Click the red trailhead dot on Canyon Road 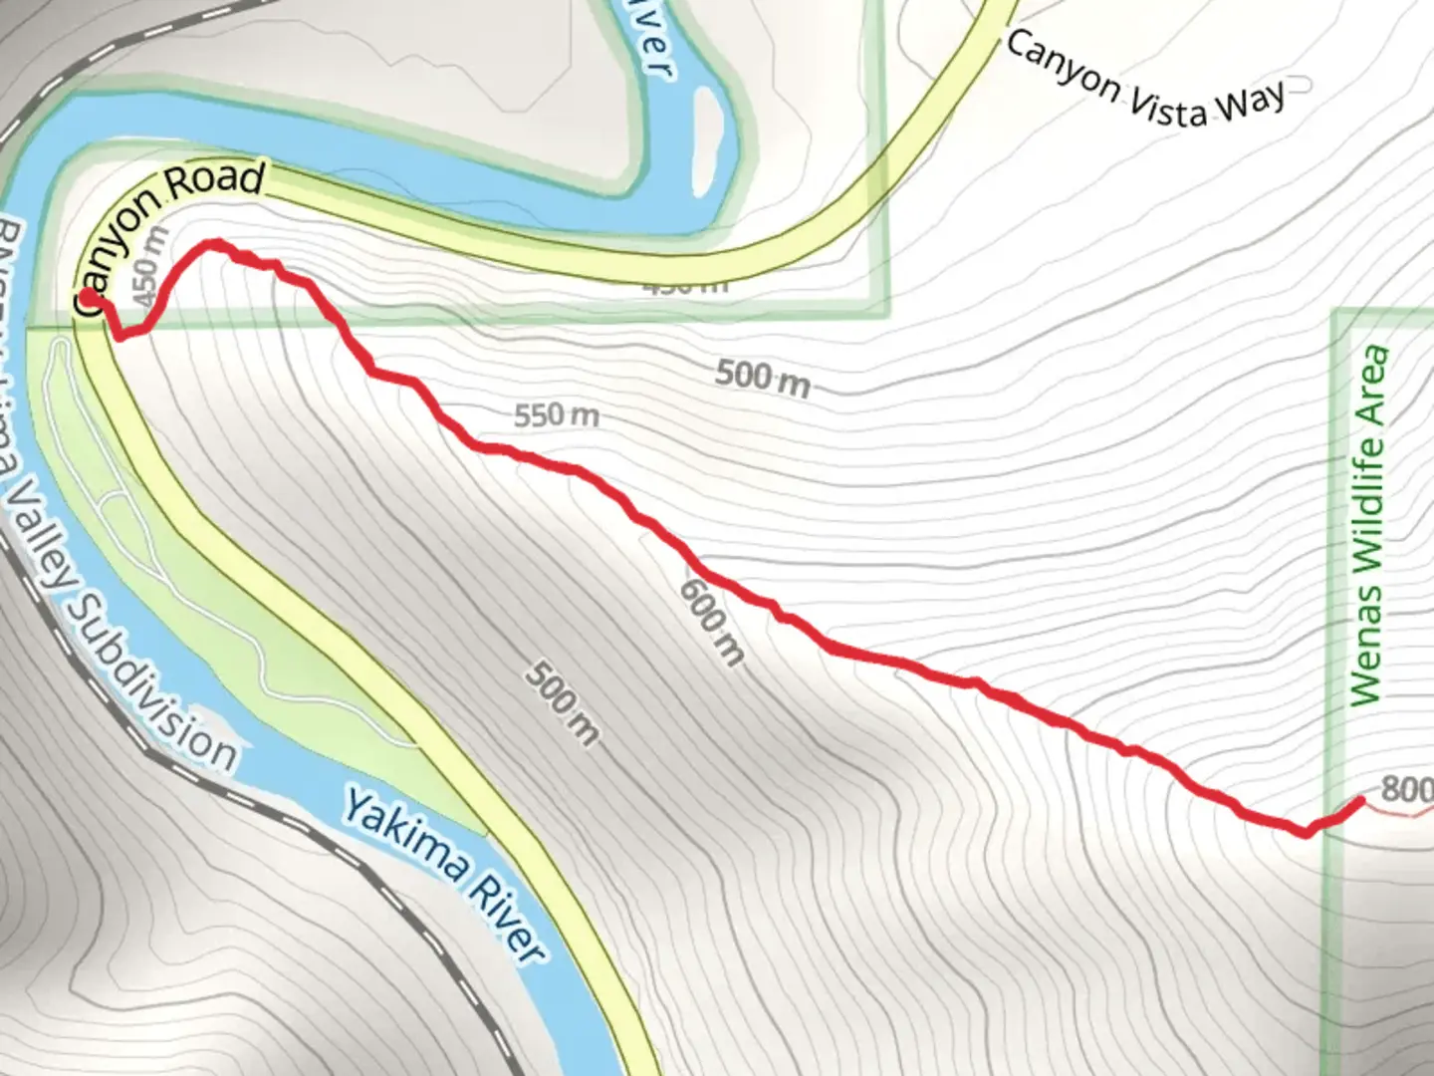tap(88, 297)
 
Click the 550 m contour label tap(557, 414)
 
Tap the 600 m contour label tap(711, 621)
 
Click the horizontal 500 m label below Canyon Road tap(762, 378)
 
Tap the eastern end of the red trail tap(1360, 800)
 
